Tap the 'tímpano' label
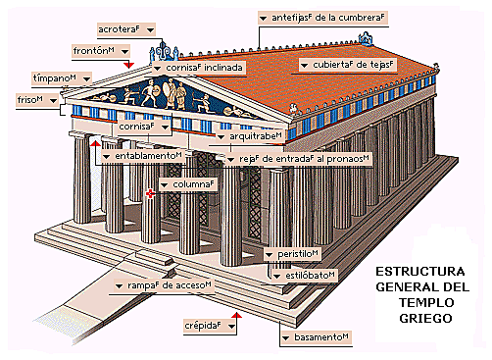click(54, 77)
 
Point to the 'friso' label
click(30, 100)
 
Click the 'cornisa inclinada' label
click(201, 68)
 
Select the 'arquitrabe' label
click(253, 136)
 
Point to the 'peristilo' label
click(298, 254)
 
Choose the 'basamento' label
click(321, 337)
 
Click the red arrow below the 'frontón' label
click(126, 65)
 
